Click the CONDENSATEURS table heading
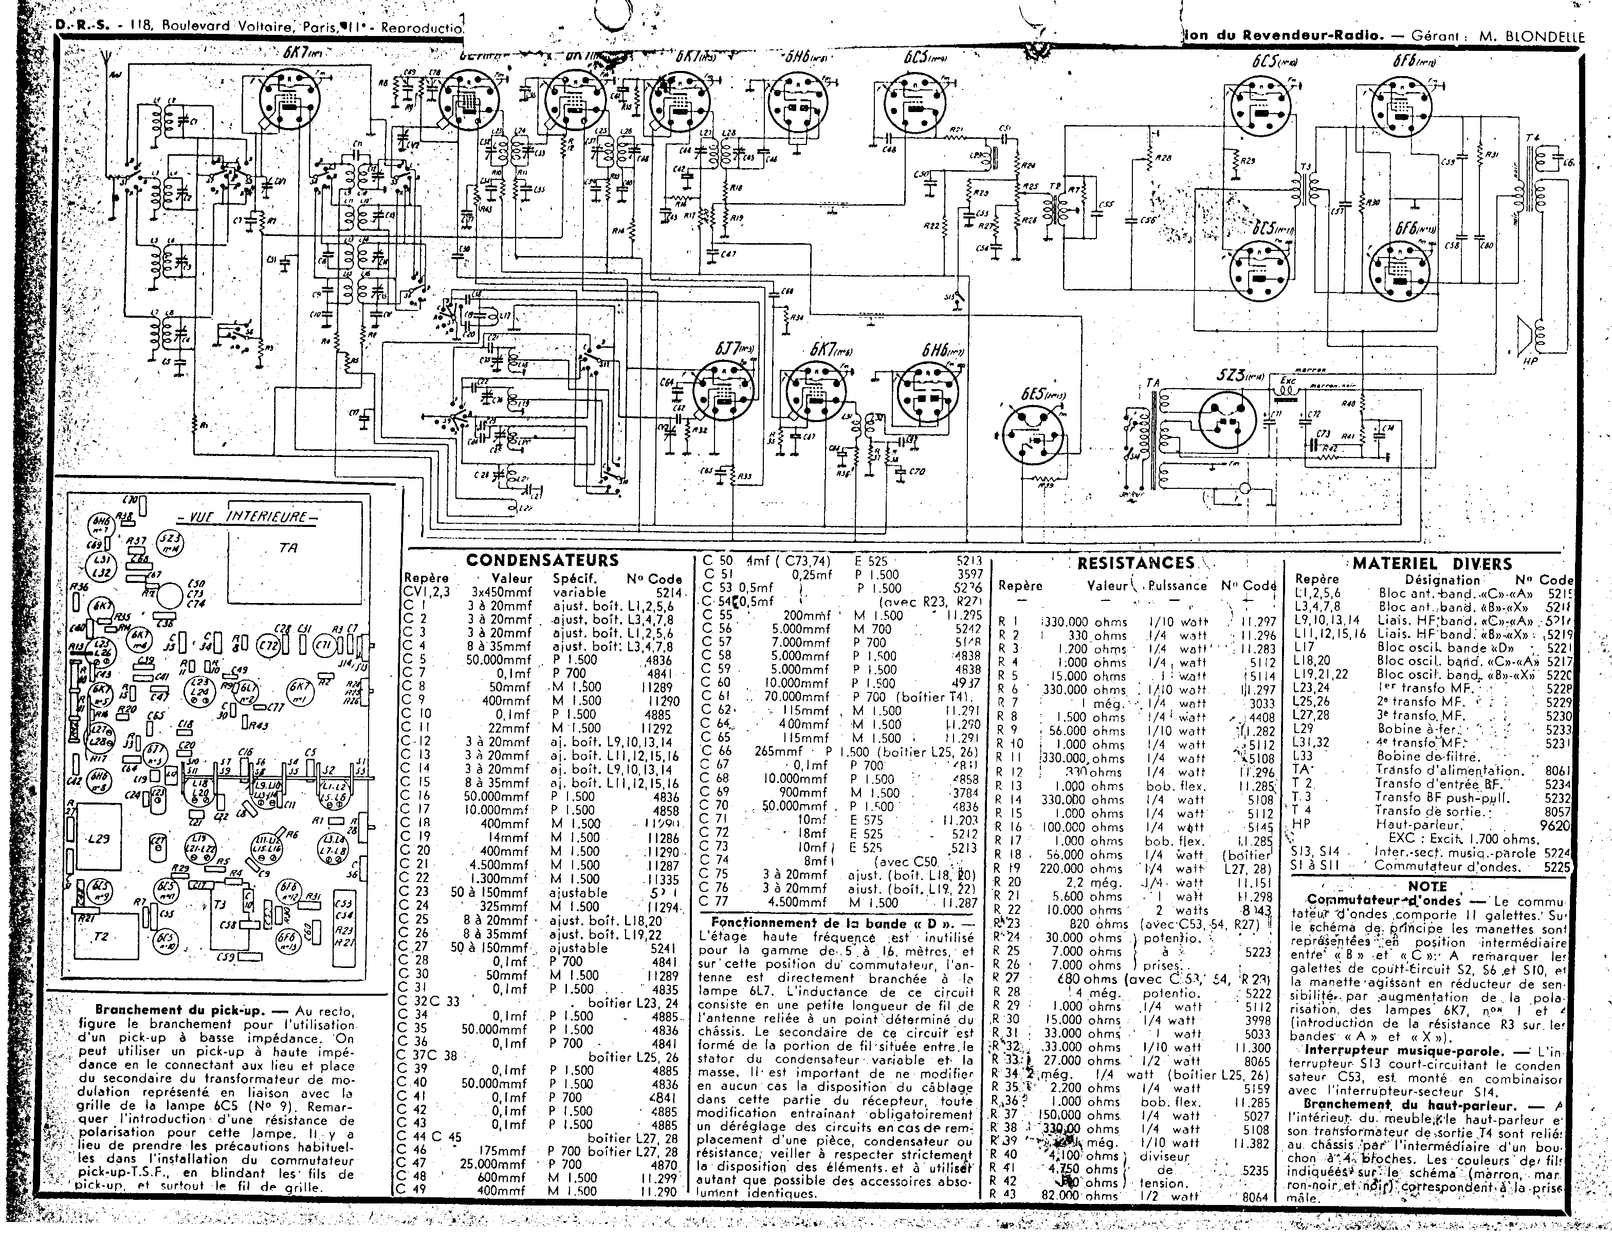tap(542, 561)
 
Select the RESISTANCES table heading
tap(1136, 563)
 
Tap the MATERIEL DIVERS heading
tap(1432, 564)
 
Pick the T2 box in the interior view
tap(101, 936)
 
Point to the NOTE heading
tap(1427, 886)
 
